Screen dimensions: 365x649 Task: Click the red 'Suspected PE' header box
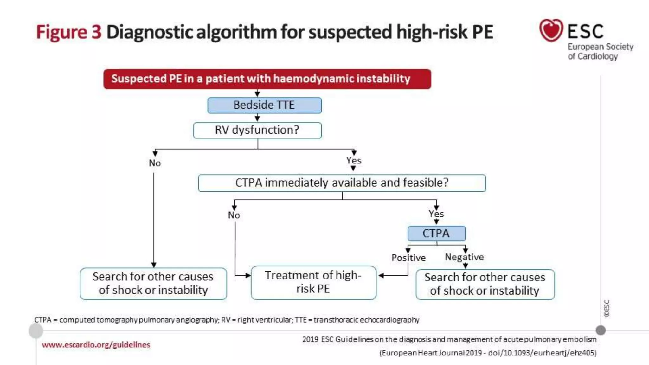coord(267,79)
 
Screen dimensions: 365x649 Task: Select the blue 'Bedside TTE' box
coord(264,105)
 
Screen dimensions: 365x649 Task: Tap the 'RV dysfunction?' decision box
coord(257,130)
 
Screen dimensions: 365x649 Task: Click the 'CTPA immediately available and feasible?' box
coord(342,183)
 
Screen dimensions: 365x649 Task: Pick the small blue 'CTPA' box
coord(436,234)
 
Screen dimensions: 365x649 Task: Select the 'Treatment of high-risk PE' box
coord(313,282)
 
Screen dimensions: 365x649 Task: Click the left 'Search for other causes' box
coord(153,284)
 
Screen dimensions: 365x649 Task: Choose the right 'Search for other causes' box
coord(485,284)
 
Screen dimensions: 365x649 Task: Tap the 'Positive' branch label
coord(408,258)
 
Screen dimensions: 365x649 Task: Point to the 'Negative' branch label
coord(464,257)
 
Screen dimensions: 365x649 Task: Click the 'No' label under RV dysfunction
coord(155,163)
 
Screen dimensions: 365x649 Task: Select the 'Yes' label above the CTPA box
coord(436,214)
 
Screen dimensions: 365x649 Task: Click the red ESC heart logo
coord(551,30)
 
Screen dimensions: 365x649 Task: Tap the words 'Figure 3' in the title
coord(69,32)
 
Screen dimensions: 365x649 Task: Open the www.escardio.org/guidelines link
coord(96,345)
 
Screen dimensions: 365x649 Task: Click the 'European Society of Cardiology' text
coord(600,51)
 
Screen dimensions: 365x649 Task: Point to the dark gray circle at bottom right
coord(601,330)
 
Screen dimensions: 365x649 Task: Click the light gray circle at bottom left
coord(36,331)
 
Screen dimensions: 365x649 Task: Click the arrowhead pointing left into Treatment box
coord(382,276)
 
